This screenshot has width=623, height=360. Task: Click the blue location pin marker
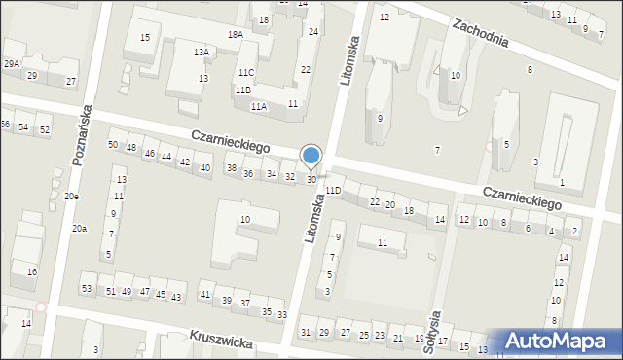(311, 157)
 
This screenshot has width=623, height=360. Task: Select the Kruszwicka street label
(222, 342)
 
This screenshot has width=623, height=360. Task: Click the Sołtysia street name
(435, 334)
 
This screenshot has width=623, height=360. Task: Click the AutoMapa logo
(558, 342)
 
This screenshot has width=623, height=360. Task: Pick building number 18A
(236, 34)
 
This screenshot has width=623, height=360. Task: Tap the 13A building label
(201, 53)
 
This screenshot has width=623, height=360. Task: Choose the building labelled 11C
(245, 73)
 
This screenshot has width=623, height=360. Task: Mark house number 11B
(242, 90)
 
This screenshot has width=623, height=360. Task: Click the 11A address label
(258, 106)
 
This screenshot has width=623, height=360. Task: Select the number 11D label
(333, 191)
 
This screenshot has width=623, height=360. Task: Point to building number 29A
(11, 63)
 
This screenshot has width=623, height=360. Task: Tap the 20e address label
(72, 197)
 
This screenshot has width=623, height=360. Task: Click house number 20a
(79, 228)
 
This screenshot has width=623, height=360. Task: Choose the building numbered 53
(87, 289)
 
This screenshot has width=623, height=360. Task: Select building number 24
(312, 32)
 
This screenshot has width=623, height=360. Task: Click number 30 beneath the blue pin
(311, 180)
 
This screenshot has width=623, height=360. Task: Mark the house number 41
(205, 295)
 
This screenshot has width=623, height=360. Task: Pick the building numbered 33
(282, 314)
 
